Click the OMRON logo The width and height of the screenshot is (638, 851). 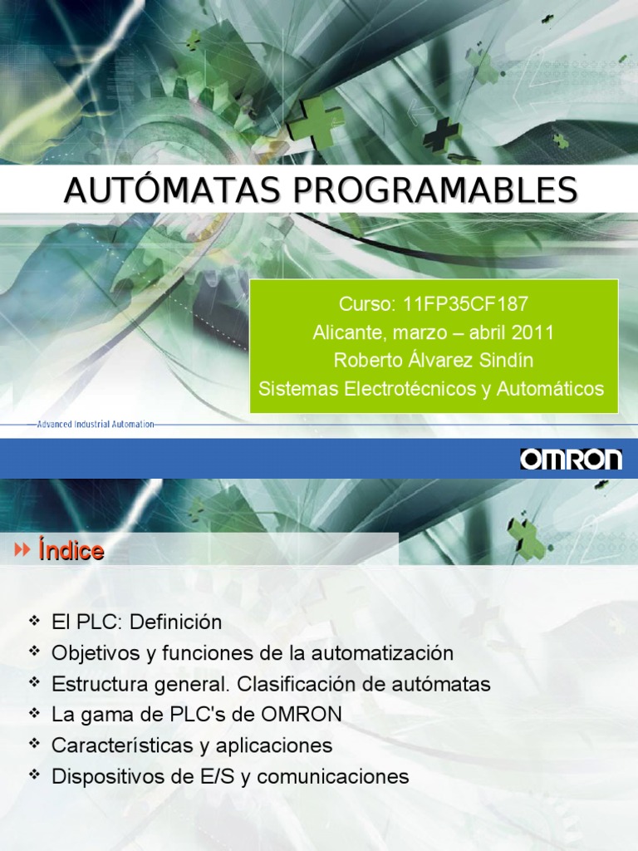[x=571, y=459]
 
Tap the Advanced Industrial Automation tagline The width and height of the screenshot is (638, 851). [x=96, y=424]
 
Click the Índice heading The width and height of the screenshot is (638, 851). [x=71, y=550]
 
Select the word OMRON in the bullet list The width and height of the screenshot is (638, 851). [x=301, y=715]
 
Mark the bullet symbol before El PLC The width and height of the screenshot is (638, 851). [x=33, y=621]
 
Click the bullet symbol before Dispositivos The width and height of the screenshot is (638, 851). [x=33, y=775]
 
